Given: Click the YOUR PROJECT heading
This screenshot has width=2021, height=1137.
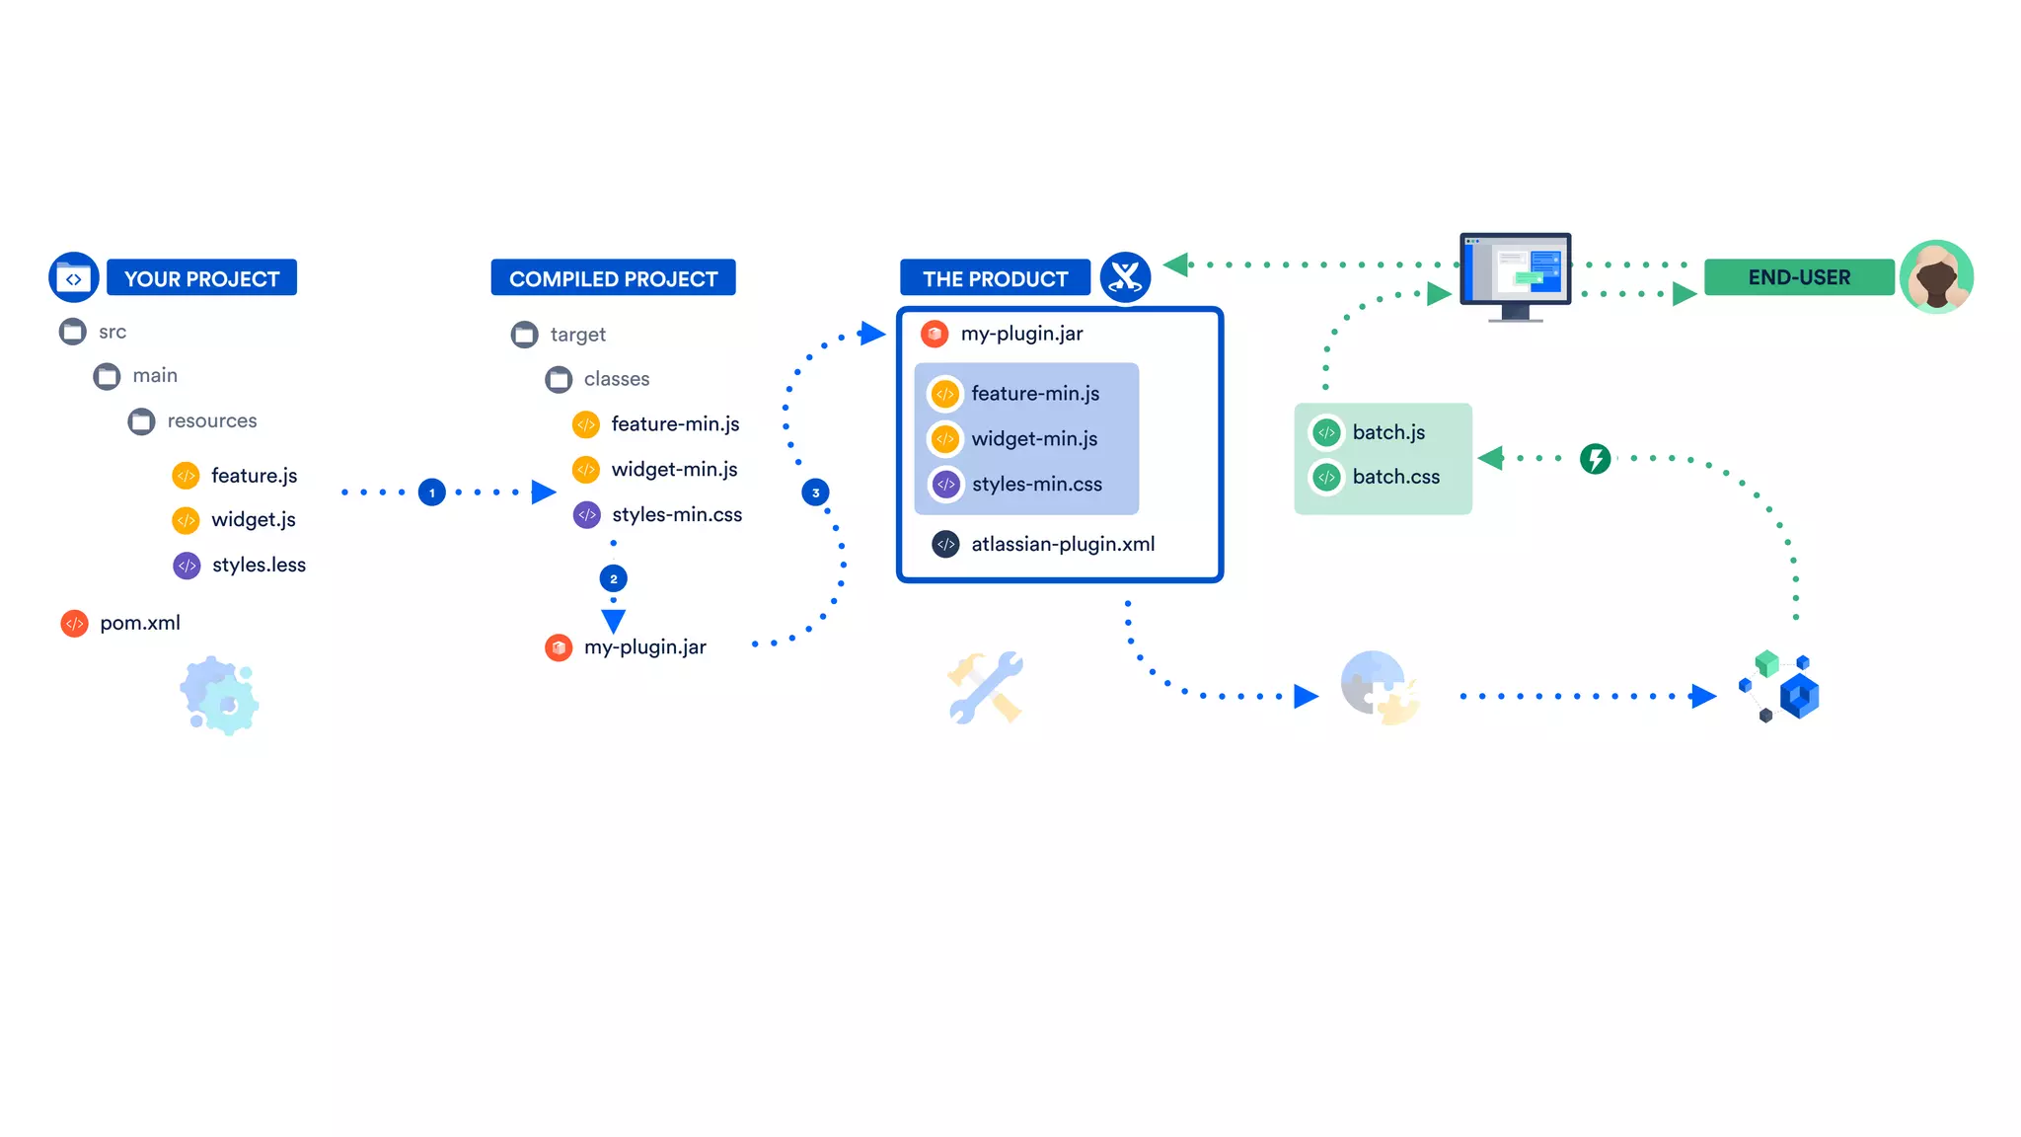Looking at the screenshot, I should [x=201, y=278].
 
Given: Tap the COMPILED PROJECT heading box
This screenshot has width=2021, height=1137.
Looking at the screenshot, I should [x=613, y=278].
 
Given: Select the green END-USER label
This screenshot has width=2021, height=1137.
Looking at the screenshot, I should [x=1798, y=277].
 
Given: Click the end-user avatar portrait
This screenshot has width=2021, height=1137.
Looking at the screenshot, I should [x=1936, y=277].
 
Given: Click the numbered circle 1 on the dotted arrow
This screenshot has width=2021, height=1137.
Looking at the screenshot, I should [x=431, y=493].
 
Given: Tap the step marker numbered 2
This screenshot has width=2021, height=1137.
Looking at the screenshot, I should [x=613, y=578].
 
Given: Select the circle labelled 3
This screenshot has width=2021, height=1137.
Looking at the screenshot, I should [x=815, y=493].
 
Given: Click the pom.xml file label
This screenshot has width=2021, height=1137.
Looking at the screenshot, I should [x=140, y=623].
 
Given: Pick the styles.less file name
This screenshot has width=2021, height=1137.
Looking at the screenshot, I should [x=259, y=565].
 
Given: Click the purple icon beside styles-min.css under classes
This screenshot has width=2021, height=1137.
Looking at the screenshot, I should [x=587, y=514].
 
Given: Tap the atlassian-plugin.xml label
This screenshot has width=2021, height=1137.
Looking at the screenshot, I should [x=1063, y=544].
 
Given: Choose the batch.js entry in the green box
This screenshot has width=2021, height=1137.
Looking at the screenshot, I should [x=1388, y=432].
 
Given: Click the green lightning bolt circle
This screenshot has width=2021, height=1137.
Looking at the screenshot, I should [x=1595, y=458].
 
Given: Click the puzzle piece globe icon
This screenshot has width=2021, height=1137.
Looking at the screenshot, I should [x=1380, y=688].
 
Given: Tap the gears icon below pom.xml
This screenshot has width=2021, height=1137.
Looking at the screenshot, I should [x=219, y=696].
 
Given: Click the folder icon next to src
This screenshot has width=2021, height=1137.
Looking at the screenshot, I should [x=72, y=332].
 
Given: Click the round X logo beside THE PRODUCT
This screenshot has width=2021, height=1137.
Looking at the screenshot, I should [x=1125, y=277].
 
